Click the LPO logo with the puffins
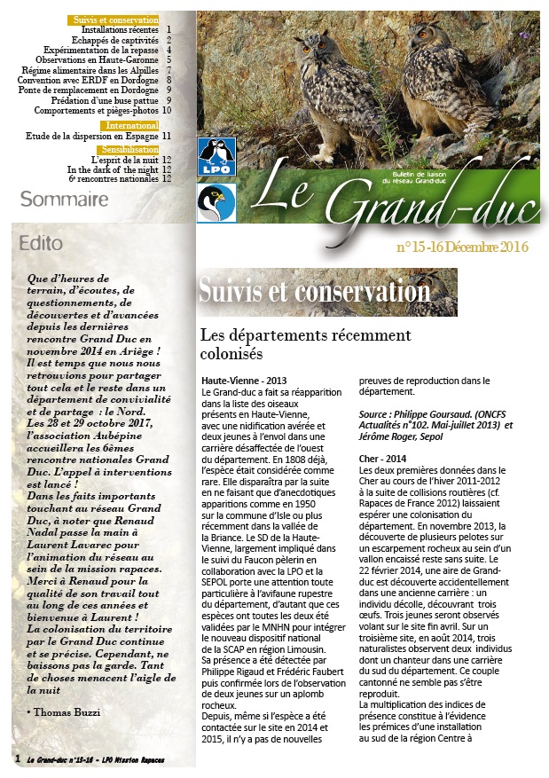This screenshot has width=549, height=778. (x=216, y=156)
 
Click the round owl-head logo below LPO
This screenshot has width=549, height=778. (x=216, y=203)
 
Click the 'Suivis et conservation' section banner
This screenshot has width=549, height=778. (x=315, y=291)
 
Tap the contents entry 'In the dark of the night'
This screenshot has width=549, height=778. (x=113, y=169)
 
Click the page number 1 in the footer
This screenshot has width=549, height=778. (x=18, y=759)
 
